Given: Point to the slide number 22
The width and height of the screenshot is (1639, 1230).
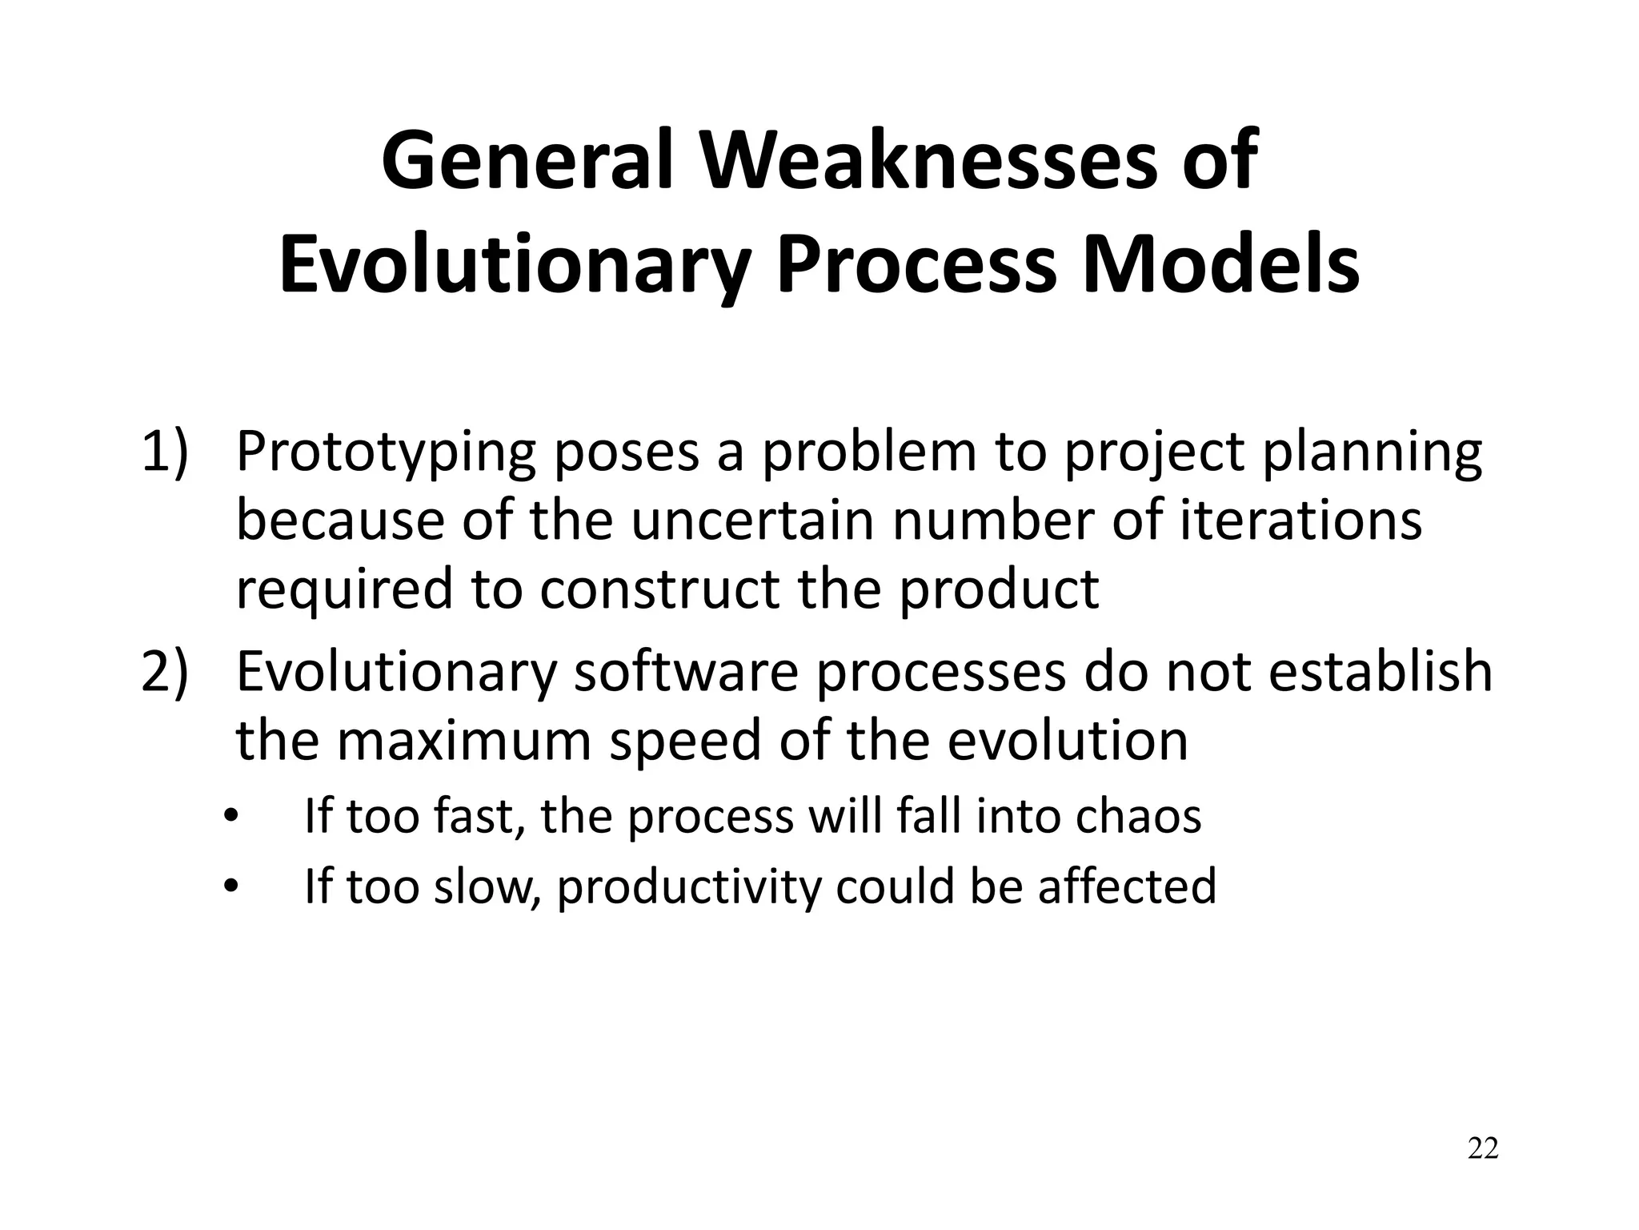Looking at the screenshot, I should pos(1482,1148).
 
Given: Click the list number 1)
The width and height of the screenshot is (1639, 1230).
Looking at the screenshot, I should pos(165,452).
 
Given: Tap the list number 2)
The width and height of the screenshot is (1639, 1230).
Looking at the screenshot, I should pos(165,672).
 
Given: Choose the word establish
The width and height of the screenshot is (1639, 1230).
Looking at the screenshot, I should pos(1381,672).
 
